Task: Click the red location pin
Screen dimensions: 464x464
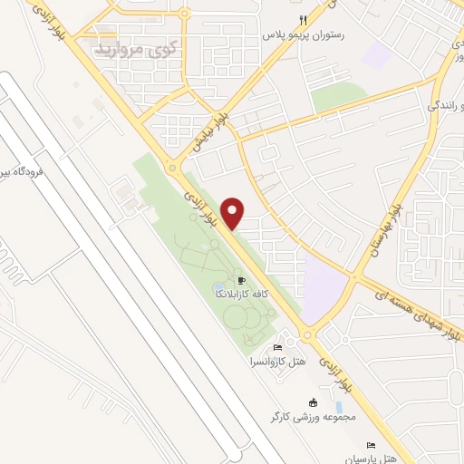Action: [x=235, y=211]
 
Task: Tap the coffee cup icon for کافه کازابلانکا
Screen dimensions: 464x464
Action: [x=242, y=280]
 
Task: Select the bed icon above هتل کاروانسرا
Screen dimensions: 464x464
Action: [x=277, y=347]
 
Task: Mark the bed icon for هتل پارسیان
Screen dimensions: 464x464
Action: [x=370, y=445]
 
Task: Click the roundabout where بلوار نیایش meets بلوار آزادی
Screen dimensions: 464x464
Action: [x=172, y=166]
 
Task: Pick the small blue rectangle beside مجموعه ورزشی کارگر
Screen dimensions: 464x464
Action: [x=339, y=406]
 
